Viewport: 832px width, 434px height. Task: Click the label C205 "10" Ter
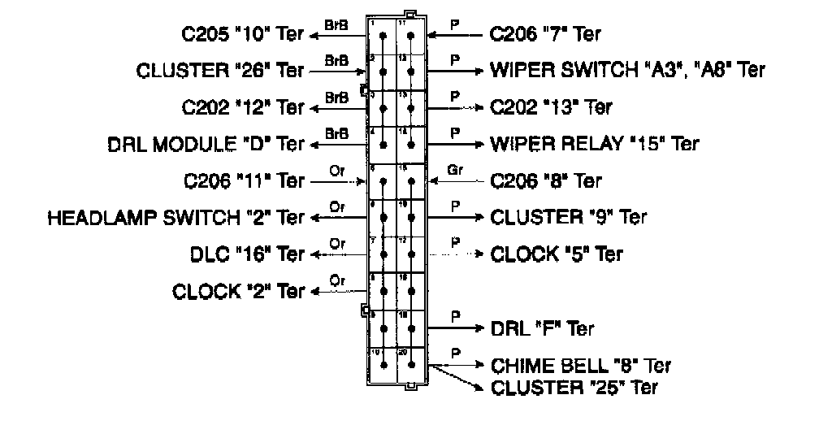(x=242, y=34)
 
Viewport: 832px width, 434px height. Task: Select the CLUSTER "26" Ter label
(x=220, y=71)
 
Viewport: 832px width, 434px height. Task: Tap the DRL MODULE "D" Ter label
(x=206, y=144)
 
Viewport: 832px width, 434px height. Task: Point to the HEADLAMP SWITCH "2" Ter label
(x=175, y=217)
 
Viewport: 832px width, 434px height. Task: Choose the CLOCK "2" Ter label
(x=238, y=291)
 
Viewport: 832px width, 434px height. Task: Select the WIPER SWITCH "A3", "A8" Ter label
(x=627, y=71)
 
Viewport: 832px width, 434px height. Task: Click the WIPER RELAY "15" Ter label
(x=594, y=144)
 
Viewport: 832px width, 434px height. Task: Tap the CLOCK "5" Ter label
(x=557, y=254)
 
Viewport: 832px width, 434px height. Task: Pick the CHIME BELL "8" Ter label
(x=581, y=366)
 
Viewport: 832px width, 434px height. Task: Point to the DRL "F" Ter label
(x=542, y=328)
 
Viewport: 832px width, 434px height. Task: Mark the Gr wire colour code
(x=455, y=170)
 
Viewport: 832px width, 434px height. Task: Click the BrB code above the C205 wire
(x=336, y=24)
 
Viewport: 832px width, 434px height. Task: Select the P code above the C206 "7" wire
(x=455, y=24)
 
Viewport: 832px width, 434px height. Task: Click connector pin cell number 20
(x=411, y=365)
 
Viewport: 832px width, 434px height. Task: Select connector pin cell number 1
(x=382, y=34)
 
